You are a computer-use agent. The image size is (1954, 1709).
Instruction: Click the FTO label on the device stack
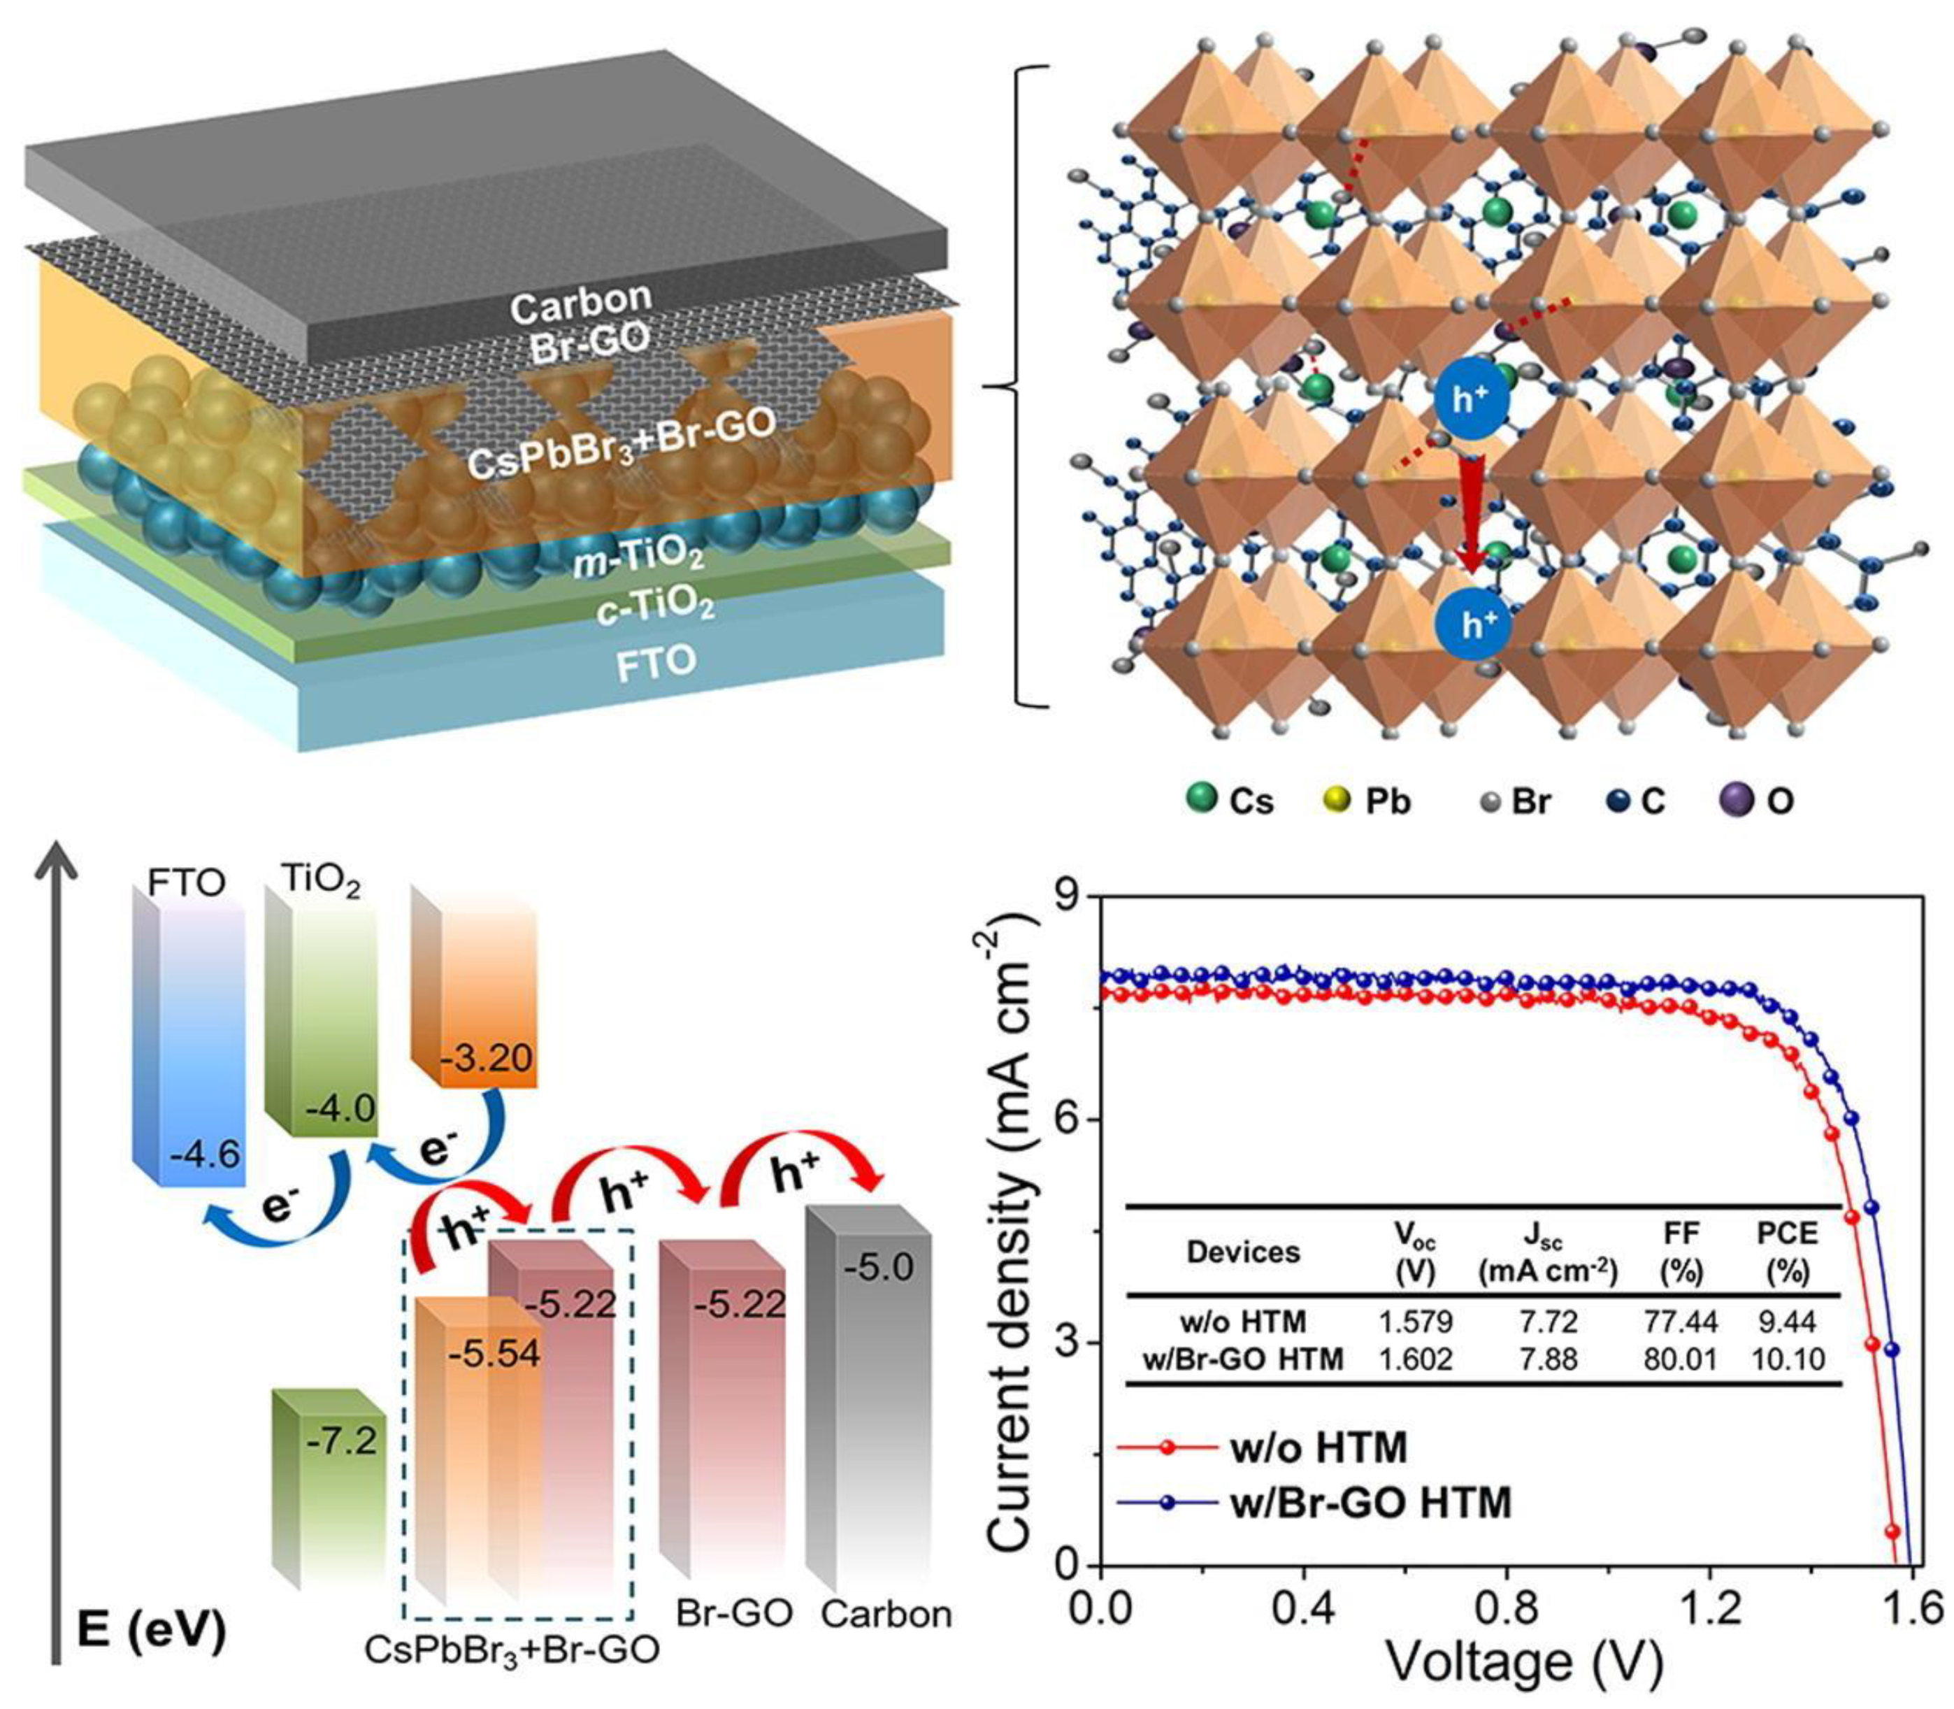click(x=655, y=663)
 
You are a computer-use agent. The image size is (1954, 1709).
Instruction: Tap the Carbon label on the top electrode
click(x=580, y=303)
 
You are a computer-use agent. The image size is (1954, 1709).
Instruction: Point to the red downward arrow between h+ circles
click(x=1470, y=512)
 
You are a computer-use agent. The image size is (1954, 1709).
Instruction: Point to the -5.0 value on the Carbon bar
click(x=877, y=1268)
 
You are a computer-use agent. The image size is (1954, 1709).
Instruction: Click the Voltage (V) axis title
click(x=1523, y=1664)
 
